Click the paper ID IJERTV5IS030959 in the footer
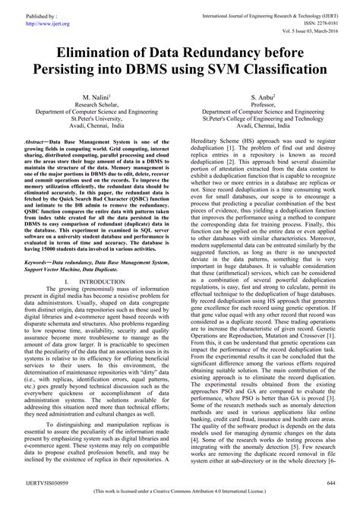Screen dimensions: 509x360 point(43,482)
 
